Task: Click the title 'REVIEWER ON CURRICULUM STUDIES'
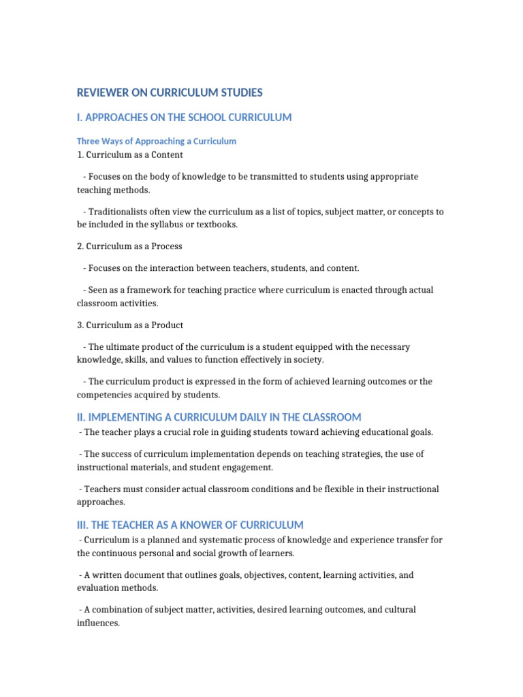coord(170,93)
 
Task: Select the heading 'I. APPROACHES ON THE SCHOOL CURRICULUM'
coord(184,118)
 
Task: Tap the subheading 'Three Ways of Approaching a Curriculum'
coord(157,142)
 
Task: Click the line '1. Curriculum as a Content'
coord(130,155)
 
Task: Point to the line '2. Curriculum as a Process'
coord(129,246)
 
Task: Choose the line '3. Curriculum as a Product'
coord(130,325)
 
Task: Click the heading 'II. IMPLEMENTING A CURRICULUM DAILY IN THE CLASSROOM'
coord(219,417)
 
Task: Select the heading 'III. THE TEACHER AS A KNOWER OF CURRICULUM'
coord(190,525)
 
